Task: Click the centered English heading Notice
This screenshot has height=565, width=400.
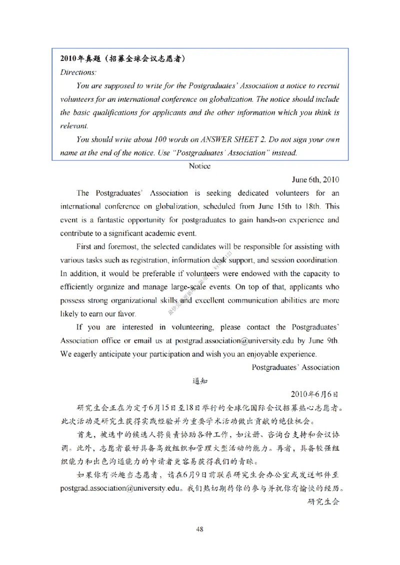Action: [x=199, y=166]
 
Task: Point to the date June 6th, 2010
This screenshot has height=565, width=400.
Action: [x=315, y=179]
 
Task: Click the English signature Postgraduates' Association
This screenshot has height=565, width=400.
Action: [x=295, y=367]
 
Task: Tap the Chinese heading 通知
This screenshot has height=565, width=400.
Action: [x=199, y=381]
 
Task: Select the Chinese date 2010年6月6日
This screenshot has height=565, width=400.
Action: [x=315, y=394]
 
